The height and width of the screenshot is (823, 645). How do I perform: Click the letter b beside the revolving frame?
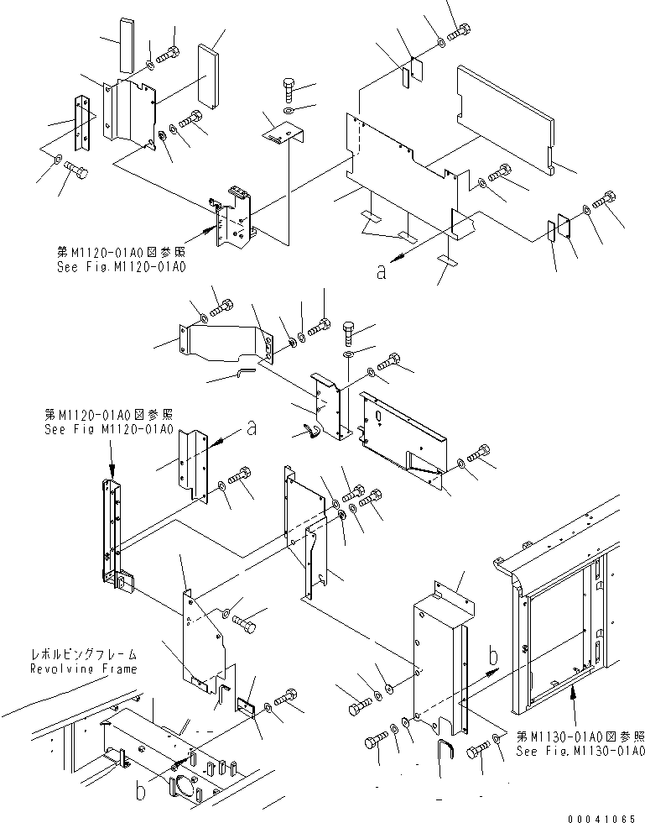141,790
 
